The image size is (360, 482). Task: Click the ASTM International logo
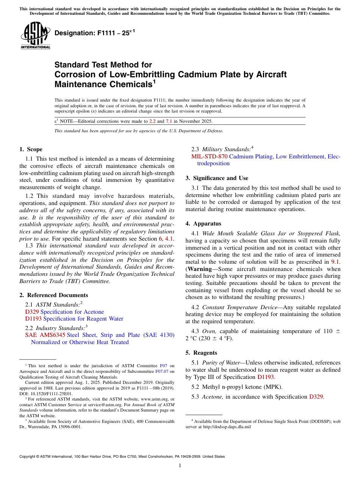coord(35,36)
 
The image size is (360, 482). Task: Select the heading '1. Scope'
coord(31,149)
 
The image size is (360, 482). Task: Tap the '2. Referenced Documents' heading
coord(53,295)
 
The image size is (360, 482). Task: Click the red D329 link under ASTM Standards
coord(32,312)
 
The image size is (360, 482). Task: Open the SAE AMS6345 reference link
coord(45,335)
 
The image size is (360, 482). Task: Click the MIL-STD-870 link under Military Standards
coord(209,156)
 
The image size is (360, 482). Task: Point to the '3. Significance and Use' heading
coord(217,178)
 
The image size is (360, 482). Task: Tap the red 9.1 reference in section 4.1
coord(336,262)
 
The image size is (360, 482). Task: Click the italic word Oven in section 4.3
coord(209,331)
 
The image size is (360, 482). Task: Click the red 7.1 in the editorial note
coord(169,121)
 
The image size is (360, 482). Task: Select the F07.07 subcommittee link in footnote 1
coord(162,371)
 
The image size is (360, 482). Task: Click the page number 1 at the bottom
coord(180,465)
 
